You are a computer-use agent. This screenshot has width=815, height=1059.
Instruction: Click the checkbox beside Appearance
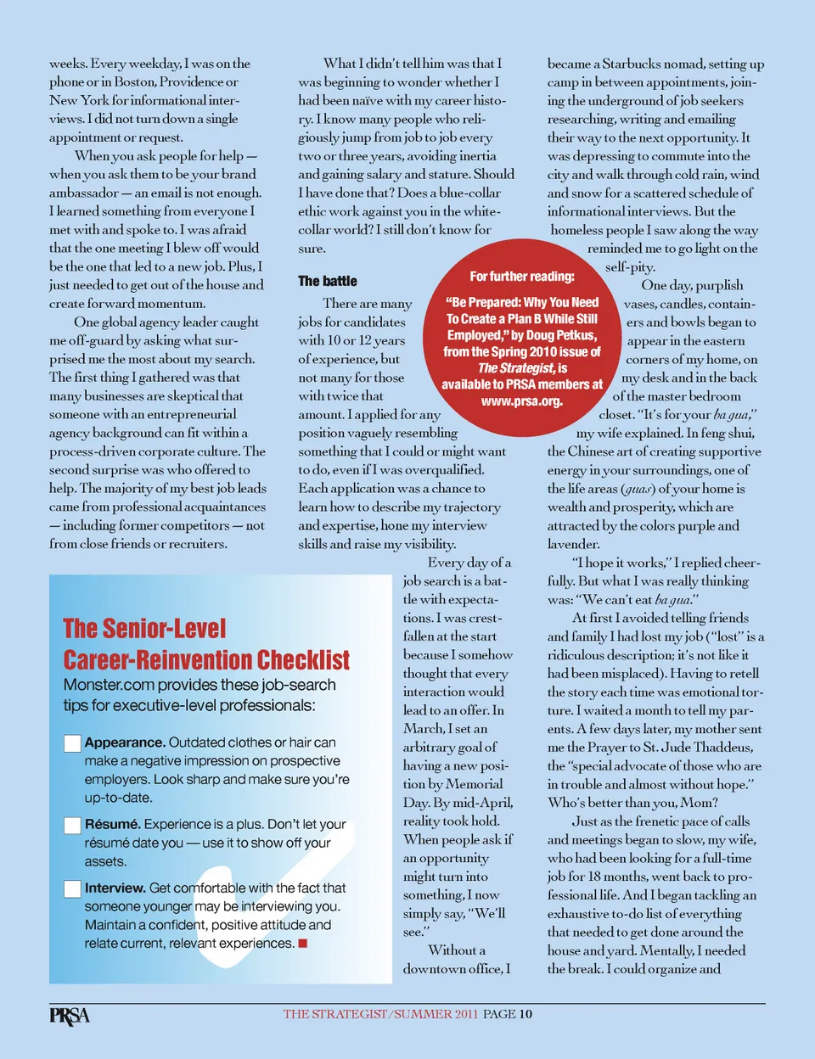tap(72, 743)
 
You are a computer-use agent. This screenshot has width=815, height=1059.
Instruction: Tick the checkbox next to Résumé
tap(72, 825)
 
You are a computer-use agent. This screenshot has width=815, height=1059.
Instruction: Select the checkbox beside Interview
tap(72, 888)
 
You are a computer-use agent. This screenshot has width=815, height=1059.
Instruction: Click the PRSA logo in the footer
tap(69, 1015)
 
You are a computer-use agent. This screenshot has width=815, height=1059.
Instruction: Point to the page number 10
tap(526, 1014)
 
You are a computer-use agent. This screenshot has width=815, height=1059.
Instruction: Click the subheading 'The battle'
tap(328, 281)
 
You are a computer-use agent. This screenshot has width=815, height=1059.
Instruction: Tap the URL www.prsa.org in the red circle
tap(521, 401)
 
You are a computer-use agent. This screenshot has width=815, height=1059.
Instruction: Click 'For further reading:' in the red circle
tap(521, 277)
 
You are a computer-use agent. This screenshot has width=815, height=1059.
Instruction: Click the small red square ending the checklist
tap(303, 944)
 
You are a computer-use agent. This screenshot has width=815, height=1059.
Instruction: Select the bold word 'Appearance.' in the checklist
tap(125, 742)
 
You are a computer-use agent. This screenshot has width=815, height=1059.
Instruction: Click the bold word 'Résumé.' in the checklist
tap(113, 824)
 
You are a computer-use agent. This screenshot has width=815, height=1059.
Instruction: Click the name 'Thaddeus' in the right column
tap(722, 748)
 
